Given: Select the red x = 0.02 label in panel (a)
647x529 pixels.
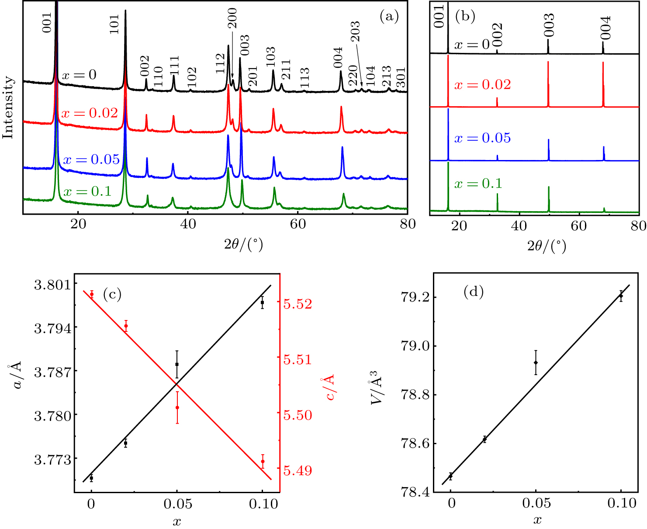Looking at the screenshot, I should (90, 113).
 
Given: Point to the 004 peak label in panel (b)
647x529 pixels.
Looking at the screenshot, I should (605, 28).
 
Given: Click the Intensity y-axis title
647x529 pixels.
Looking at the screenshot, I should (8, 107).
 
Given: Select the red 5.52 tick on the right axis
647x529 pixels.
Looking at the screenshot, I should (298, 304).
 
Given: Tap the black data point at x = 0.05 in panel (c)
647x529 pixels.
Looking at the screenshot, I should (177, 364).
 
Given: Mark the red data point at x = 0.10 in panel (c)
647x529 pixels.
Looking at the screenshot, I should (263, 461).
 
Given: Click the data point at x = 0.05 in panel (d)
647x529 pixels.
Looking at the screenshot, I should (536, 362).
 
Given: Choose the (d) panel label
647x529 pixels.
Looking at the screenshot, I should (473, 292).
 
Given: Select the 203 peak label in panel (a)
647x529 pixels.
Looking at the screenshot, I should (355, 31).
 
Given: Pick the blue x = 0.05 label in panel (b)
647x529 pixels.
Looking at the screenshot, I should (482, 138).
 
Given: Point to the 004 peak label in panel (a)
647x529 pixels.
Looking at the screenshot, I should (338, 58).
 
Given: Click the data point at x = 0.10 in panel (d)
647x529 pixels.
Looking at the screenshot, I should (621, 296).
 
